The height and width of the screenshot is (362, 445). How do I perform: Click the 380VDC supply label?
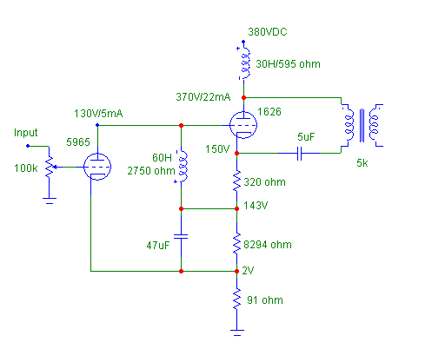click(268, 32)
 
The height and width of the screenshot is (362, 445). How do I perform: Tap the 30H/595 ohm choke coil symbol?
click(245, 63)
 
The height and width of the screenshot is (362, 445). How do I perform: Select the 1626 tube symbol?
click(243, 125)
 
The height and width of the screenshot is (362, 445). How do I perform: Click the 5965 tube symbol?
click(97, 167)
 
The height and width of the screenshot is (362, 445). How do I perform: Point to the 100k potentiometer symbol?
click(50, 167)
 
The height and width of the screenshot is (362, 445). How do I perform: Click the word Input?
click(26, 133)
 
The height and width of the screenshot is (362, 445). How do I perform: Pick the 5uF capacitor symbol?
click(300, 153)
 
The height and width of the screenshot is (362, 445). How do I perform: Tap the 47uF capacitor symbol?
click(181, 237)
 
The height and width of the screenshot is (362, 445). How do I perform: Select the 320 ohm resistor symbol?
click(236, 181)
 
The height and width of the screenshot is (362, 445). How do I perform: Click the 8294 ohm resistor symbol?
click(236, 244)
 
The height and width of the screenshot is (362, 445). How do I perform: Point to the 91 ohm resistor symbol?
click(236, 299)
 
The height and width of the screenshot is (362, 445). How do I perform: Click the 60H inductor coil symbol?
click(183, 167)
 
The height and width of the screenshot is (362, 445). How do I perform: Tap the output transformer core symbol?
click(362, 126)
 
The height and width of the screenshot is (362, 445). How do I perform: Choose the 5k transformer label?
click(362, 163)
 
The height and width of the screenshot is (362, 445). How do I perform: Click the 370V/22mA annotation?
click(203, 97)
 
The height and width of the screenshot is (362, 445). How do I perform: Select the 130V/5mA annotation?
click(98, 114)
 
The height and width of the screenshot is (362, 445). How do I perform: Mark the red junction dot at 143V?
click(236, 208)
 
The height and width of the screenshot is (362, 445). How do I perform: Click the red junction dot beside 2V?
click(236, 271)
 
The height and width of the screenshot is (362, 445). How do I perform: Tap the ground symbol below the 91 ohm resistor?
click(237, 332)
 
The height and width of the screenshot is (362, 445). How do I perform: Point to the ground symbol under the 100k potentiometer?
click(50, 201)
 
